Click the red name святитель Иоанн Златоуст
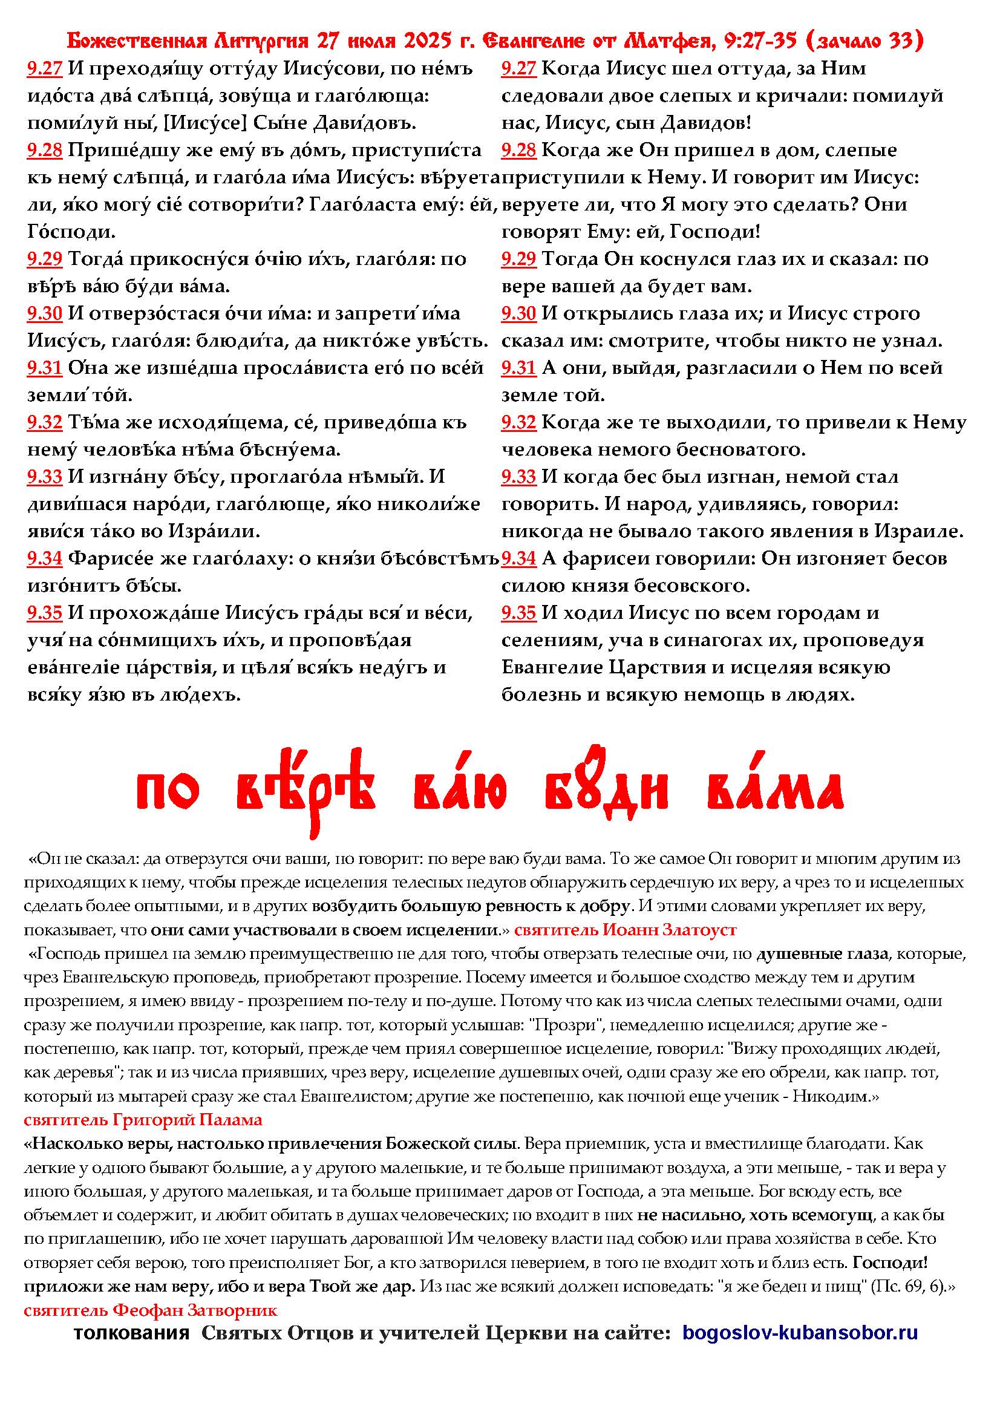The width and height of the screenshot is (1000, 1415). (x=625, y=929)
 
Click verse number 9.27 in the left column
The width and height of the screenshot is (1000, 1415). (x=44, y=68)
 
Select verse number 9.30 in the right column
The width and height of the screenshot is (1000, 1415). (x=519, y=314)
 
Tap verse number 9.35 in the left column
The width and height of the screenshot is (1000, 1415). (x=44, y=613)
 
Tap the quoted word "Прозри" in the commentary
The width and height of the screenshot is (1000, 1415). (x=564, y=1025)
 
